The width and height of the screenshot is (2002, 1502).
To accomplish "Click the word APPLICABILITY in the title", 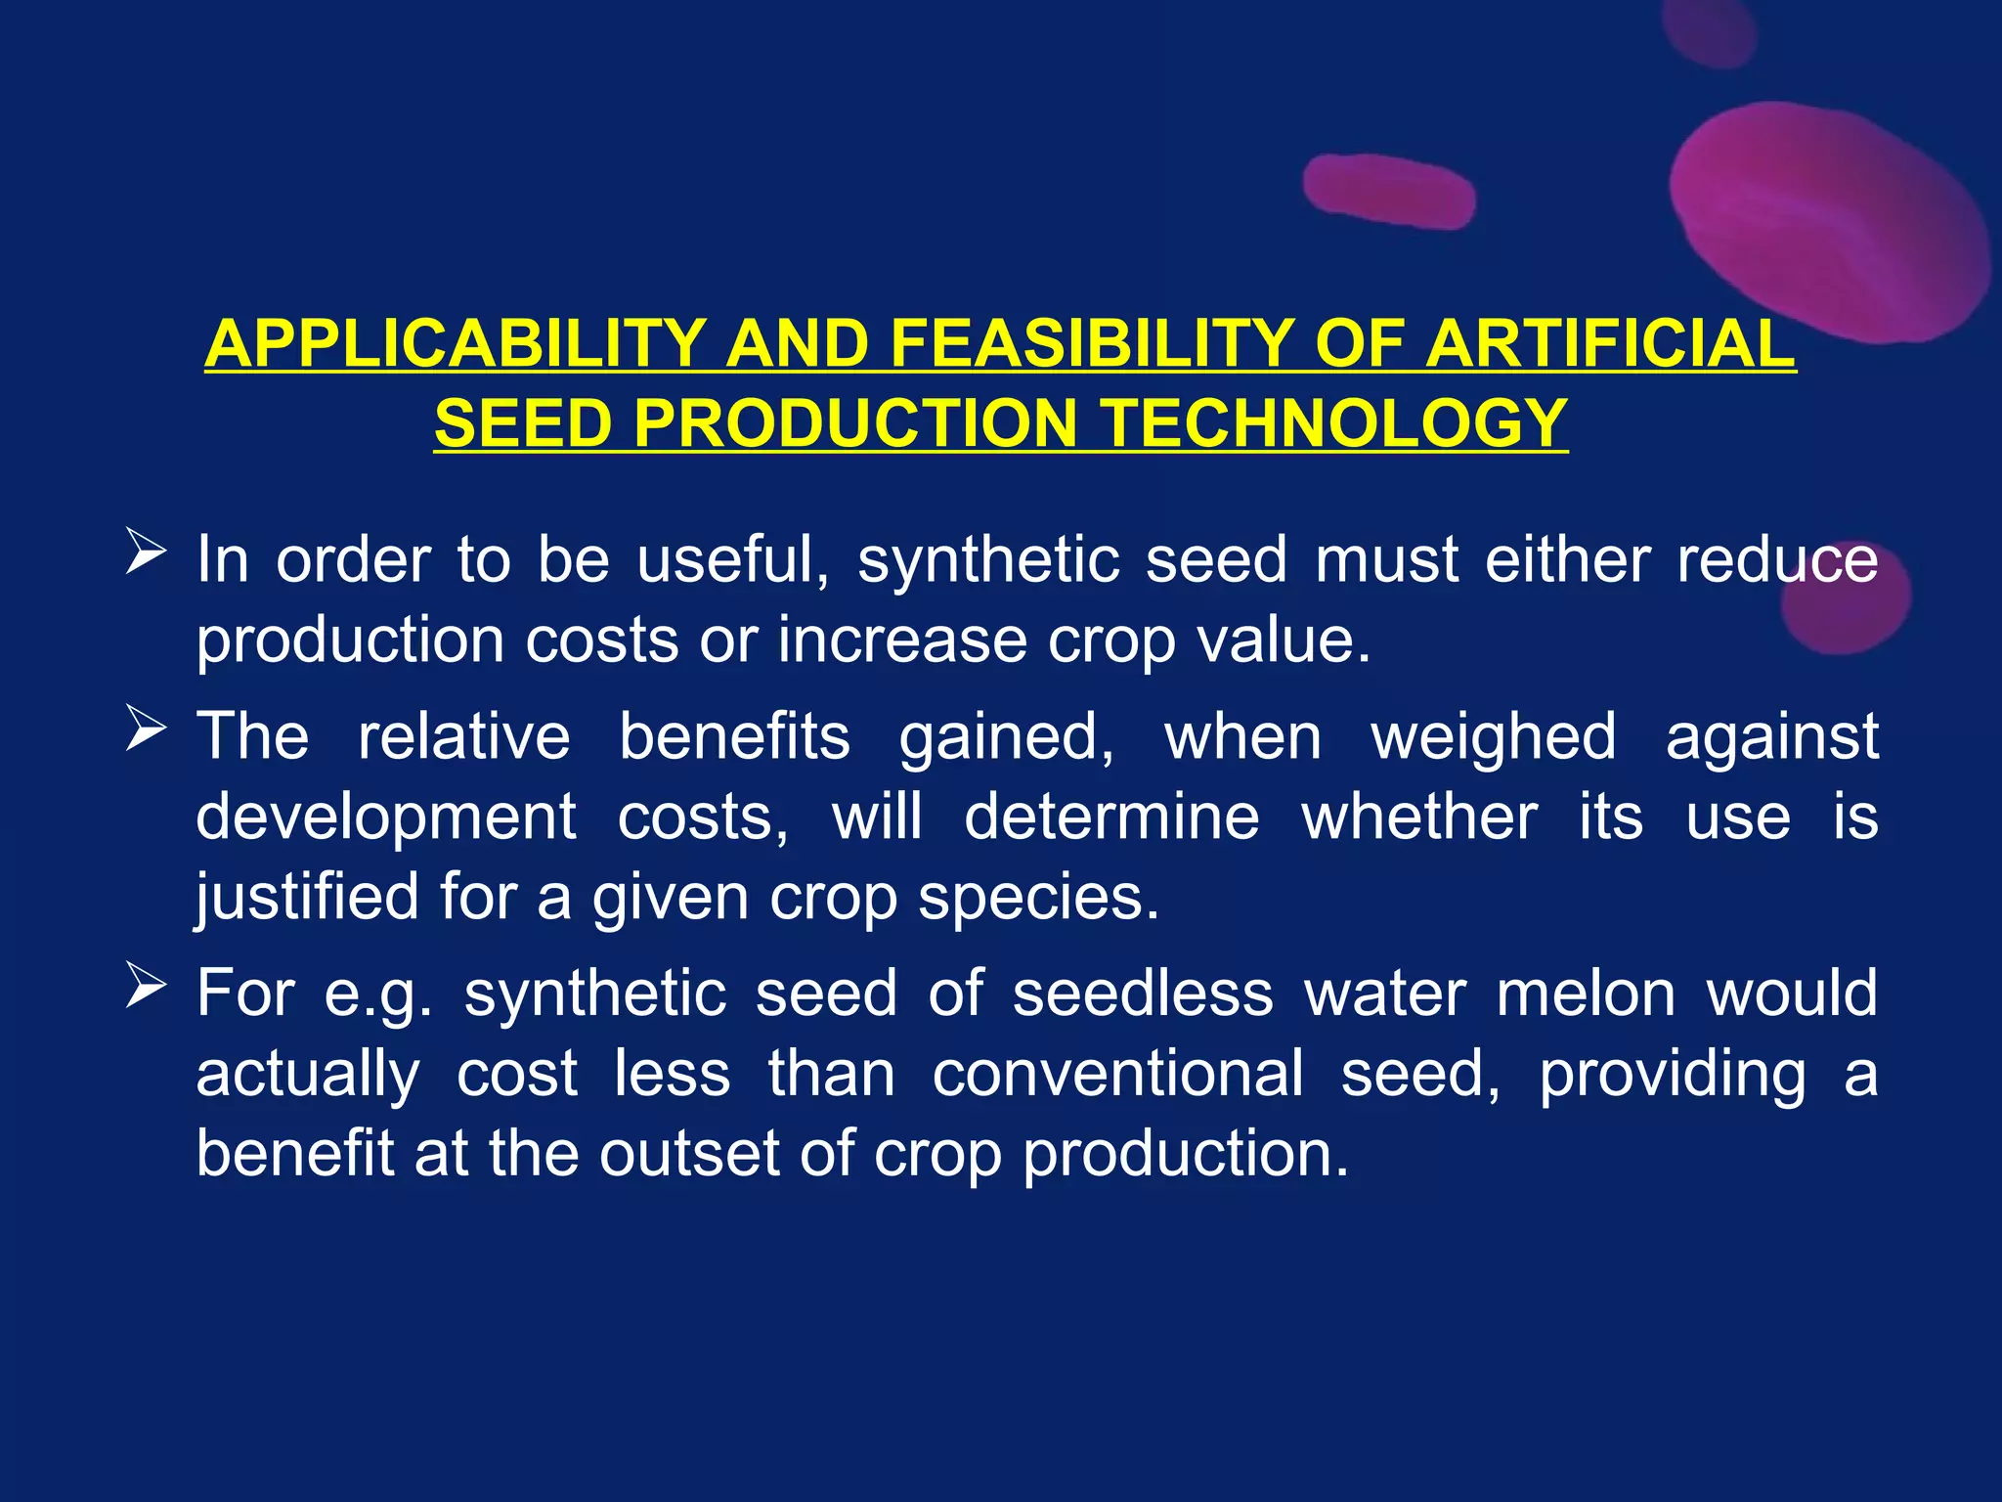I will [456, 344].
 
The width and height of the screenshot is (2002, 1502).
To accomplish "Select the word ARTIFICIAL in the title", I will [1609, 344].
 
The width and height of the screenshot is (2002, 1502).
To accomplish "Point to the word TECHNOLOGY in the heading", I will [1333, 423].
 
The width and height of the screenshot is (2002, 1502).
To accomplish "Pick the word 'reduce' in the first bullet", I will [1777, 560].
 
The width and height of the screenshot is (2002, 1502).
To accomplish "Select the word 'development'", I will [386, 817].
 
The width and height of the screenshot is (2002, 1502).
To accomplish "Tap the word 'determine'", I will [1111, 817].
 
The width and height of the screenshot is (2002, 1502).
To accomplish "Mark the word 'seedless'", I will [1143, 994].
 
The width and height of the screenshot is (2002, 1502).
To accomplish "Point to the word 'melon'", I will [1587, 994].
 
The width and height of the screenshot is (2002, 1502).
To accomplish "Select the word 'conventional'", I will [1117, 1074].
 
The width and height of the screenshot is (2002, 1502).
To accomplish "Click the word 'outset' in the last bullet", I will [688, 1154].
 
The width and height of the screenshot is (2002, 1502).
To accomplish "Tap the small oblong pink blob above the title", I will [1389, 191].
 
